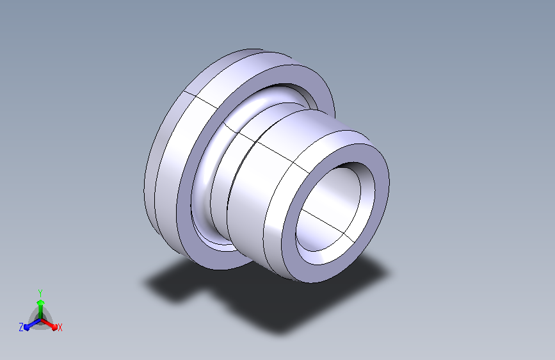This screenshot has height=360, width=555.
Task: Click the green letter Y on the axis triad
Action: coord(40,293)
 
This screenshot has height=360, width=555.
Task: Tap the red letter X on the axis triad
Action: coord(60,327)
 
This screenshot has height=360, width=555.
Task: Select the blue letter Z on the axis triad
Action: coord(21,327)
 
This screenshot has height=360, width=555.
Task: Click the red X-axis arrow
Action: coord(49,324)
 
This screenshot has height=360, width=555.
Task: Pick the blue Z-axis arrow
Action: coord(32,325)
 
